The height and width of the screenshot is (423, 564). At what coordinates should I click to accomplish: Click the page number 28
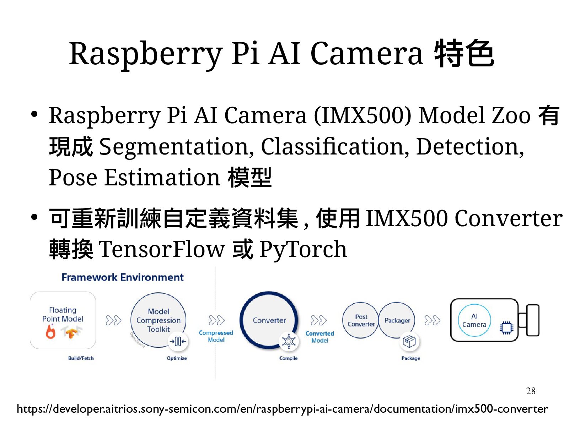530,391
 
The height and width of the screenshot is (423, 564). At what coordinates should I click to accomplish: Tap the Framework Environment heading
122,277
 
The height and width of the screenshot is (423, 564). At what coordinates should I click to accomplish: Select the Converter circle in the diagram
269,320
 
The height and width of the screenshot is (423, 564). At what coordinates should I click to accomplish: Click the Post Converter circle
361,320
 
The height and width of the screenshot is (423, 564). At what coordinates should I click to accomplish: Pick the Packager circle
397,320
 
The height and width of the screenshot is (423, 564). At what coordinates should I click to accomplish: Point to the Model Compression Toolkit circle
159,320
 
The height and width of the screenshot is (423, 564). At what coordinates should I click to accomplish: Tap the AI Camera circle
474,320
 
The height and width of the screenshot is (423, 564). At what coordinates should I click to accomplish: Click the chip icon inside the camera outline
506,328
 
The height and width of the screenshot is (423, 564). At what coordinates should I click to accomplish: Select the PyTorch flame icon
51,332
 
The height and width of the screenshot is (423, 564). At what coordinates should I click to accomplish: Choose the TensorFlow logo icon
71,332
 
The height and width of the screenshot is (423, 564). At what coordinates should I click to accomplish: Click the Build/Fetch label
81,358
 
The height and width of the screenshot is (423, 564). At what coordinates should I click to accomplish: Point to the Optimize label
177,358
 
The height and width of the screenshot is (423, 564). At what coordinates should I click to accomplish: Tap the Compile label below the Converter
288,358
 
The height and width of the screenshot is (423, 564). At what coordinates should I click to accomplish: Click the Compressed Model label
216,336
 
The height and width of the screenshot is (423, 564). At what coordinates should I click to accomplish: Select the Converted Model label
319,337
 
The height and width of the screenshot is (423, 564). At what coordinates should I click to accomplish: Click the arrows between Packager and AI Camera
432,320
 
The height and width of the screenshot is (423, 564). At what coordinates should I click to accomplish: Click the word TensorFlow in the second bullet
162,249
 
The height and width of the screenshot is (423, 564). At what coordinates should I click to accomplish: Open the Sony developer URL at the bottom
282,409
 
